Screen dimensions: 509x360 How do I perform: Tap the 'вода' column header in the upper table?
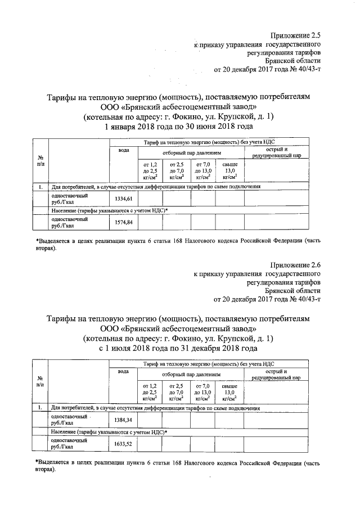[x=124, y=151]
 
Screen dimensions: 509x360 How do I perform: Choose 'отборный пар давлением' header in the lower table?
[x=192, y=373]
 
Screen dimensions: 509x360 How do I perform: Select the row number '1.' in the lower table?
[x=40, y=407]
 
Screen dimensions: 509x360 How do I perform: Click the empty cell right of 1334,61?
[x=150, y=199]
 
